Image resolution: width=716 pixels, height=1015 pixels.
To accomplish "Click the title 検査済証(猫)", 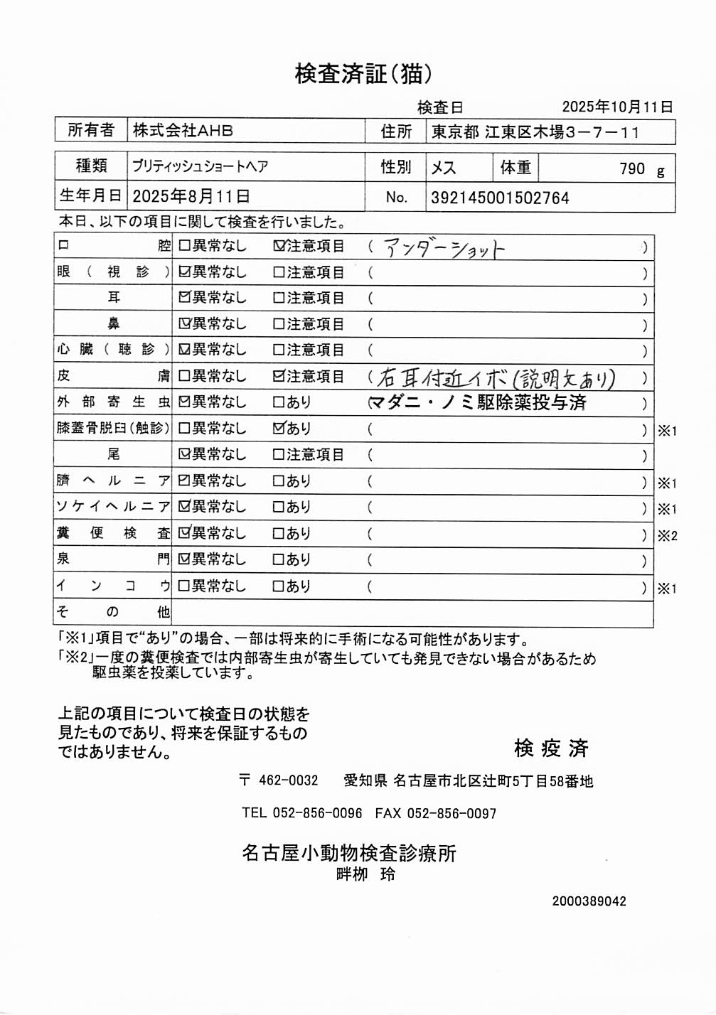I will click(363, 74).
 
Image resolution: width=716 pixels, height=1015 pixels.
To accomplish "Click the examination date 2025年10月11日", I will click(617, 107).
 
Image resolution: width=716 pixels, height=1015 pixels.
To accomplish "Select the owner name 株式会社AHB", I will click(183, 131).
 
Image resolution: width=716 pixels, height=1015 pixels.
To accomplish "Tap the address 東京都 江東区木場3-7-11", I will click(535, 132).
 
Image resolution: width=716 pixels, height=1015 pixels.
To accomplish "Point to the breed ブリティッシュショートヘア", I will click(200, 167).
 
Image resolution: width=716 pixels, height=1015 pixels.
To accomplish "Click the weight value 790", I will click(631, 169).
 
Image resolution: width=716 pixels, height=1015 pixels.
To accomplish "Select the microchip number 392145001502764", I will click(500, 198).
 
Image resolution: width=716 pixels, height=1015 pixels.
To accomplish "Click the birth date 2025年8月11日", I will click(191, 197).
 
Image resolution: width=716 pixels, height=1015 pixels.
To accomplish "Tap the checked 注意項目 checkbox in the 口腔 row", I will click(279, 246).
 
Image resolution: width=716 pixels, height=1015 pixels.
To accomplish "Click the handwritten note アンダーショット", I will click(444, 248).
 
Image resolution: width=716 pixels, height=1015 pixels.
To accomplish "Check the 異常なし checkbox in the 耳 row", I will click(184, 298).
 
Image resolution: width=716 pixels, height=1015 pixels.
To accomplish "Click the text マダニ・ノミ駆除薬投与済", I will click(478, 403).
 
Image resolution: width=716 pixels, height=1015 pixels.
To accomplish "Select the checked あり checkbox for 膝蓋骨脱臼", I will click(279, 429).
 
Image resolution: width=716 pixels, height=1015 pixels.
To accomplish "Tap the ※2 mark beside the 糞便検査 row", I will click(667, 536).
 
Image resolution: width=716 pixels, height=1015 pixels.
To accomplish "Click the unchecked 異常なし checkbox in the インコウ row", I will click(184, 586).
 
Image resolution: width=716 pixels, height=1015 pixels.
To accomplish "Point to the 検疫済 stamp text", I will click(551, 748).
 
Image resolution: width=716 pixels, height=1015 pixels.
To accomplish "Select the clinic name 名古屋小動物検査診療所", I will click(348, 853).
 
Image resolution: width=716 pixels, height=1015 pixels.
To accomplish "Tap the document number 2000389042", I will click(589, 901).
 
